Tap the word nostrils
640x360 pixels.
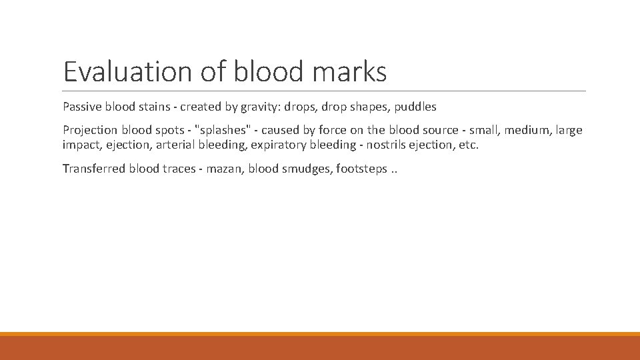384,145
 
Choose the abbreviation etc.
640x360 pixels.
468,145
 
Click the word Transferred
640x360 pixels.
92,168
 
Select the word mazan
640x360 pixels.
225,168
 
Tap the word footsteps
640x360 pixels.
362,168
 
